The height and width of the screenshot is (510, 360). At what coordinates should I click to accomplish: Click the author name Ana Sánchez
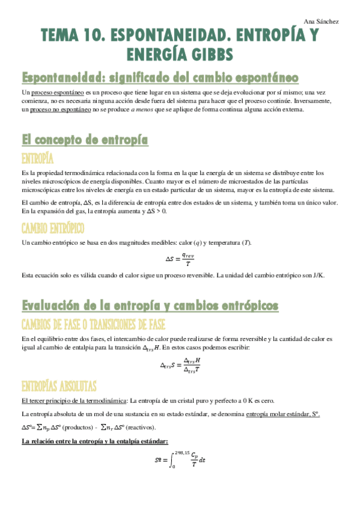(x=322, y=22)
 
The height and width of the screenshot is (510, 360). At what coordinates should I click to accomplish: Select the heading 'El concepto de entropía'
(x=85, y=140)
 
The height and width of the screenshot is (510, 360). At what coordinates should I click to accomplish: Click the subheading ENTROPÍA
(x=38, y=159)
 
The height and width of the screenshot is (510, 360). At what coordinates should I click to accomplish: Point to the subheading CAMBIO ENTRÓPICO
(x=53, y=228)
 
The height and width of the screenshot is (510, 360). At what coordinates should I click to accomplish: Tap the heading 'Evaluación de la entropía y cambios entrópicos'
(x=150, y=306)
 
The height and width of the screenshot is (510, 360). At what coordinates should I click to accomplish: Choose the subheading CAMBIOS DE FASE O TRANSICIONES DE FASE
(x=93, y=325)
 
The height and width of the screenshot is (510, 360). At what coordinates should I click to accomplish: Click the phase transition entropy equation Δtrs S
(x=180, y=364)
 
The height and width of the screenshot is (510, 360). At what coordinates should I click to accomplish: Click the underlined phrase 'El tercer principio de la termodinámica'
(x=74, y=401)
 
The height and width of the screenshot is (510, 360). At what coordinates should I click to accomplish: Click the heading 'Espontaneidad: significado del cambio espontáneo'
(x=160, y=78)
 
